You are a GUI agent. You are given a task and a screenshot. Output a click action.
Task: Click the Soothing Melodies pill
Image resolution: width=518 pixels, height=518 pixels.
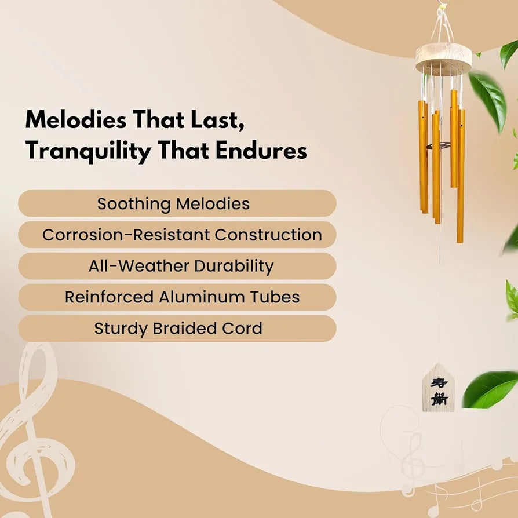click(x=177, y=203)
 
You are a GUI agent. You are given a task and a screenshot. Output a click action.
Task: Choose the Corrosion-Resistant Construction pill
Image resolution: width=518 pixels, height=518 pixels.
click(x=177, y=235)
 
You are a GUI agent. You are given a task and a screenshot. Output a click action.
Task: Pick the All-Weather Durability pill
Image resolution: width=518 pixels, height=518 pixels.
click(x=177, y=266)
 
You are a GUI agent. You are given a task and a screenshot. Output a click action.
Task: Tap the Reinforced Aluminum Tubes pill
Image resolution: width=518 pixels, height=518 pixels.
click(x=177, y=297)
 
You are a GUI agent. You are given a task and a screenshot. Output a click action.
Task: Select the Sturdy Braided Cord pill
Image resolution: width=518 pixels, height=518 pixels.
click(x=177, y=329)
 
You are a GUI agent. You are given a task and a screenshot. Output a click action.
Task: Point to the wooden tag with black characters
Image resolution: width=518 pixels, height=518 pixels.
click(x=439, y=388)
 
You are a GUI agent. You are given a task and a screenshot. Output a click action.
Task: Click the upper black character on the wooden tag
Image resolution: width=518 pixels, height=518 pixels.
click(x=439, y=383)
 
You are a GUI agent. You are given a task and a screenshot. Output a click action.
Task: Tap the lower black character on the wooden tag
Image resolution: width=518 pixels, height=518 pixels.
click(x=439, y=399)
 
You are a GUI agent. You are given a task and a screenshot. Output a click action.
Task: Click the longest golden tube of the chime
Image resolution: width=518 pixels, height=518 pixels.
click(x=461, y=176)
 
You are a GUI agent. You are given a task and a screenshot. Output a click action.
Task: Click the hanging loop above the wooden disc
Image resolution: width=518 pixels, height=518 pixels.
click(x=442, y=23)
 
